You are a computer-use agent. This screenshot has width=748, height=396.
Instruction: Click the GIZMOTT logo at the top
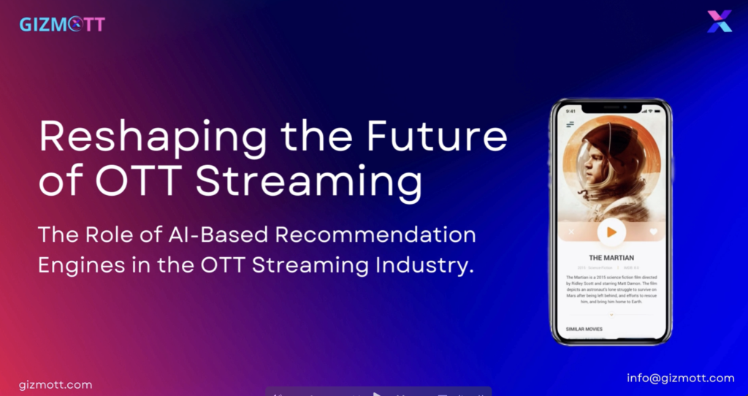pyautogui.click(x=62, y=24)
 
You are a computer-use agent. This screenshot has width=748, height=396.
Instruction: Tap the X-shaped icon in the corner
pyautogui.click(x=719, y=21)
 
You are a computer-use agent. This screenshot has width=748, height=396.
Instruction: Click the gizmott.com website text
pyautogui.click(x=56, y=384)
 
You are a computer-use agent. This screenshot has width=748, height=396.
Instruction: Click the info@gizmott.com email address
pyautogui.click(x=680, y=378)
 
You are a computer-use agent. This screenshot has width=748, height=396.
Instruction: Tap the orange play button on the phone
pyautogui.click(x=611, y=232)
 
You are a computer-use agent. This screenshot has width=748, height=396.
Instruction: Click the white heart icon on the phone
pyautogui.click(x=653, y=232)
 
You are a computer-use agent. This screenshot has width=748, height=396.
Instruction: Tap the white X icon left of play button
pyautogui.click(x=570, y=232)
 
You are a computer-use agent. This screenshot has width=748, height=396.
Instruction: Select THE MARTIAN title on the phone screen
pyautogui.click(x=611, y=258)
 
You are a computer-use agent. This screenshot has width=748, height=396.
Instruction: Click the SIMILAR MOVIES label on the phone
pyautogui.click(x=584, y=330)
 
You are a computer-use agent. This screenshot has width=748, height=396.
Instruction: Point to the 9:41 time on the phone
pyautogui.click(x=570, y=111)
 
